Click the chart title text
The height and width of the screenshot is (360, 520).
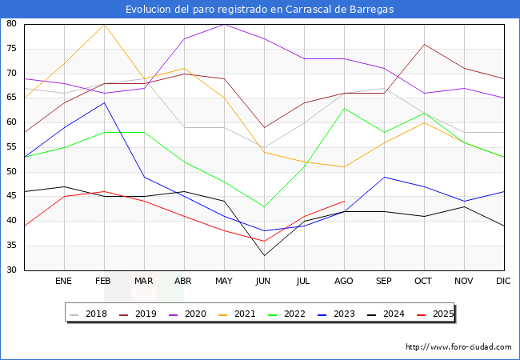259,10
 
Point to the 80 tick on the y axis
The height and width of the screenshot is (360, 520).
12,24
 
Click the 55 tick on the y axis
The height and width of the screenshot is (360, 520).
12,147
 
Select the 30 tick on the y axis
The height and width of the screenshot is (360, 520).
12,270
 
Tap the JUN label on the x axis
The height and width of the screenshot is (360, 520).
264,282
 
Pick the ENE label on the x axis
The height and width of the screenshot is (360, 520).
64,282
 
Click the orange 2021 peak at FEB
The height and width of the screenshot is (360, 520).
104,24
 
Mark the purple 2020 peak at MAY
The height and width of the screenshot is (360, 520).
224,24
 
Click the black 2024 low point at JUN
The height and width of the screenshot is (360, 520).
264,255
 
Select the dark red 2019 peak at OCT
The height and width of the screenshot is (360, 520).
424,44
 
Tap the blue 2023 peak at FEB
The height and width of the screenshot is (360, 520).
104,102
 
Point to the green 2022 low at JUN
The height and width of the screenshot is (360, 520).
264,206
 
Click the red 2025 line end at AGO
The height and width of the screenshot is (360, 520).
344,202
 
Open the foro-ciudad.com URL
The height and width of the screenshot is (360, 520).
458,347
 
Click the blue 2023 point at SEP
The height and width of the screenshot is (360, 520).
384,177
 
